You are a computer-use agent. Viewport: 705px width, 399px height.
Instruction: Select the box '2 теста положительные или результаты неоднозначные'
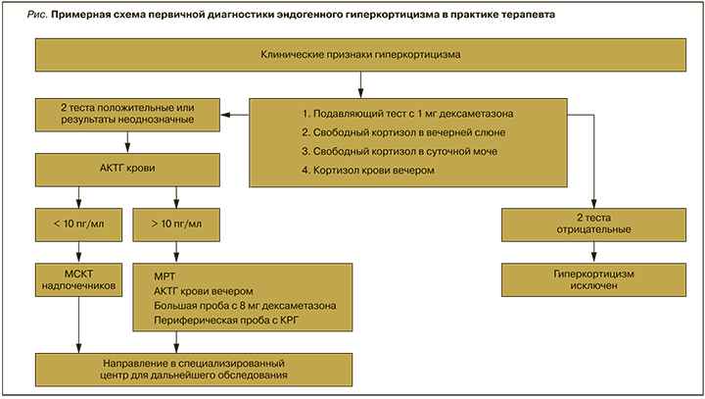[123, 113]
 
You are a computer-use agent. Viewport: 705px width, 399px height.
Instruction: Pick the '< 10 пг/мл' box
[77, 223]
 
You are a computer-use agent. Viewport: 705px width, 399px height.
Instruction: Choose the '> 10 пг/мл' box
[176, 223]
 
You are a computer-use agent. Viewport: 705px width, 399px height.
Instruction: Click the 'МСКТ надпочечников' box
[77, 279]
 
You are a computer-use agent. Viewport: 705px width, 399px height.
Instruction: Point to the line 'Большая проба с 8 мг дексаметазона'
[246, 306]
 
